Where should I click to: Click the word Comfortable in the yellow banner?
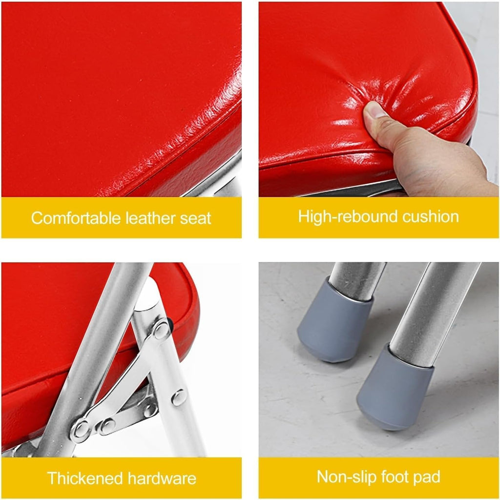coord(76,218)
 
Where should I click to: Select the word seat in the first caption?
coord(195,219)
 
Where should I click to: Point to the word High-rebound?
coord(348,216)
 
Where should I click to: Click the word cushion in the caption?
coord(431,216)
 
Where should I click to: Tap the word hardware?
coord(162,479)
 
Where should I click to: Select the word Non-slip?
coord(347,477)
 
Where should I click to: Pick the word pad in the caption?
coord(427,478)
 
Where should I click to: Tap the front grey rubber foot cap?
coord(394,388)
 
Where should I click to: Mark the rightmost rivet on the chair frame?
coord(179,397)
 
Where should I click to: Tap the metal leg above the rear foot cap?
coord(356,281)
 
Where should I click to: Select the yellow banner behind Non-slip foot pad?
coord(378,478)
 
